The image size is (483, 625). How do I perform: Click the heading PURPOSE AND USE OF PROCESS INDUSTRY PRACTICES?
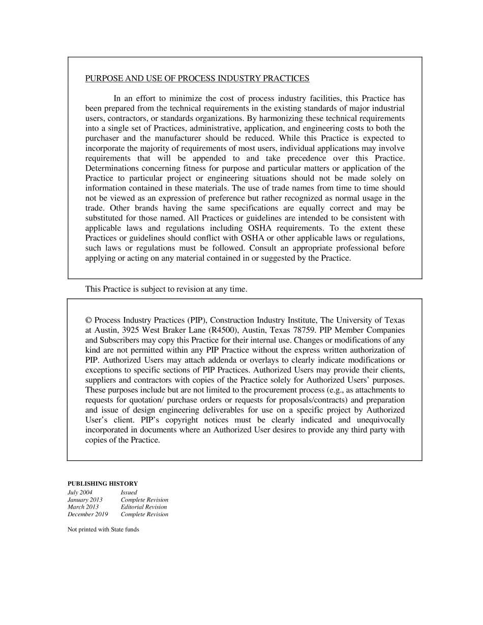point(197,78)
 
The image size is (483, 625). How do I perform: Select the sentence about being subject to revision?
point(166,289)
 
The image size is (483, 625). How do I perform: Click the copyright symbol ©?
point(88,320)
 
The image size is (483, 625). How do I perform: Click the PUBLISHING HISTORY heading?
point(103,484)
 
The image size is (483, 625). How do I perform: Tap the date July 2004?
point(80,492)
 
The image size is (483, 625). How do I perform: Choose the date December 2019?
point(88,514)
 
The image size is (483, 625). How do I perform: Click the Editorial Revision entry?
point(144,507)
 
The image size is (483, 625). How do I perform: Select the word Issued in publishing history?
point(129,492)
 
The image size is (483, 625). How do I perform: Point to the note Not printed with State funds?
point(103,529)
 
